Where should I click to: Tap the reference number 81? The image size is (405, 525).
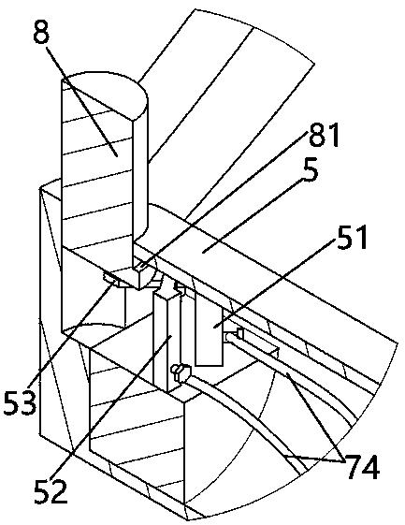coord(324,136)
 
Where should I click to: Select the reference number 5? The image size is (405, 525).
coord(311,172)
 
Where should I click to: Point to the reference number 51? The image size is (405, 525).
coord(352,238)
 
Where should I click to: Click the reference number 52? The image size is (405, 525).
coord(51,492)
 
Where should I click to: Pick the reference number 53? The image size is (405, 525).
coord(20,403)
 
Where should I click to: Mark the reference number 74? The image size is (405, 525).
coord(364,467)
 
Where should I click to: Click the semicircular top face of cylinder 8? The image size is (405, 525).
coord(104,95)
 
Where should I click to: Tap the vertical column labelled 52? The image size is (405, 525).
coord(166,342)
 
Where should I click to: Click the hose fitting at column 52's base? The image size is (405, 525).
coord(181,372)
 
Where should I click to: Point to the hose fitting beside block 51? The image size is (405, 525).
coord(234,335)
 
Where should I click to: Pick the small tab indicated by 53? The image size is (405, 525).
coord(110,278)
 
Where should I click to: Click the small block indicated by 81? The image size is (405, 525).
coord(141,277)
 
